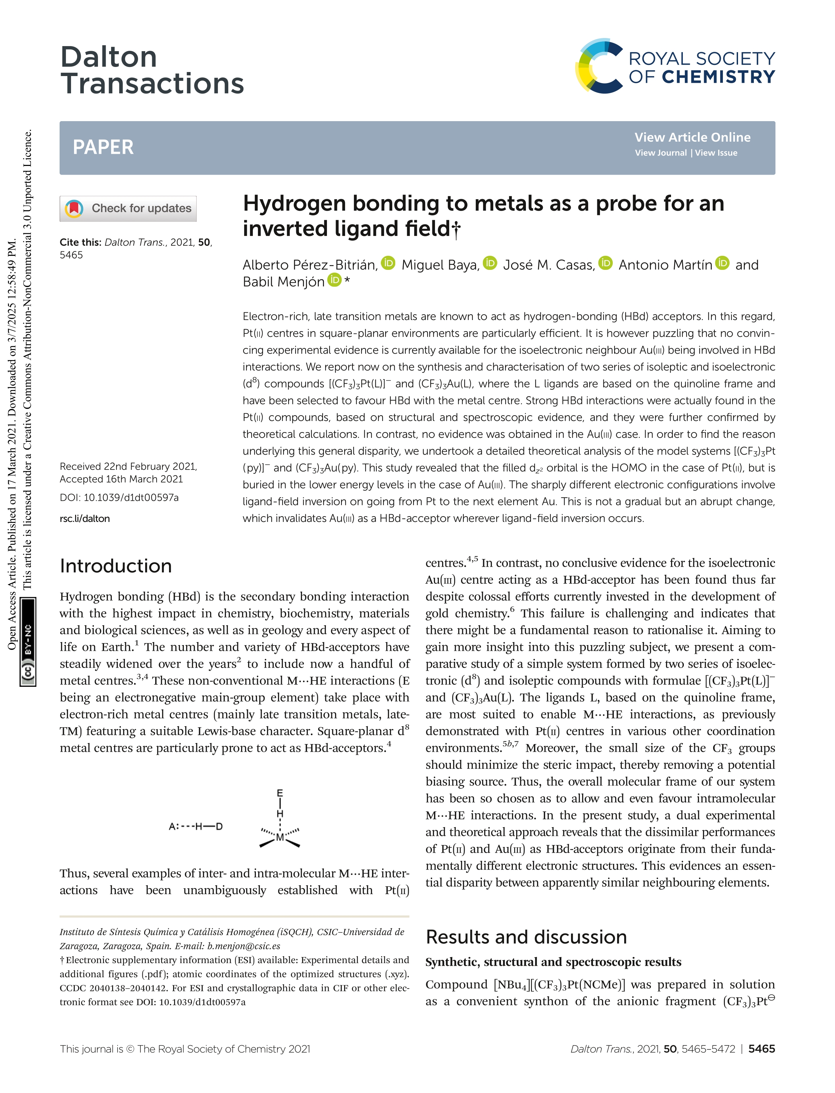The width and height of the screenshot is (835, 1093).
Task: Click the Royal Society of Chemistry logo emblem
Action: (599, 66)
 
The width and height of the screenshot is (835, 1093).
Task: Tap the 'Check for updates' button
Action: (128, 208)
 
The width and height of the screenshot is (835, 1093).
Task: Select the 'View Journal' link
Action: (661, 153)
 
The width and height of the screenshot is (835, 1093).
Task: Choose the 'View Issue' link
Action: (716, 153)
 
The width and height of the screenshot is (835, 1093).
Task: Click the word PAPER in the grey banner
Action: (103, 147)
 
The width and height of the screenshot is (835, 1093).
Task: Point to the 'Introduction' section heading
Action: (116, 566)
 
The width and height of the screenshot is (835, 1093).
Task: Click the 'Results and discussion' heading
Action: (526, 937)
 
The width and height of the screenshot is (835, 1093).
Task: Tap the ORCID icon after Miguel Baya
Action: (490, 263)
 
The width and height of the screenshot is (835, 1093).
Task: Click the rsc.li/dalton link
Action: (85, 519)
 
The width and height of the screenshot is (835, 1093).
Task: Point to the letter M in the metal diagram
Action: (280, 838)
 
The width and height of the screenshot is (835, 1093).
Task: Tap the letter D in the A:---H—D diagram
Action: (219, 827)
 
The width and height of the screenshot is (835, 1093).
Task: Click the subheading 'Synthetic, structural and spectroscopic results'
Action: (553, 962)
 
